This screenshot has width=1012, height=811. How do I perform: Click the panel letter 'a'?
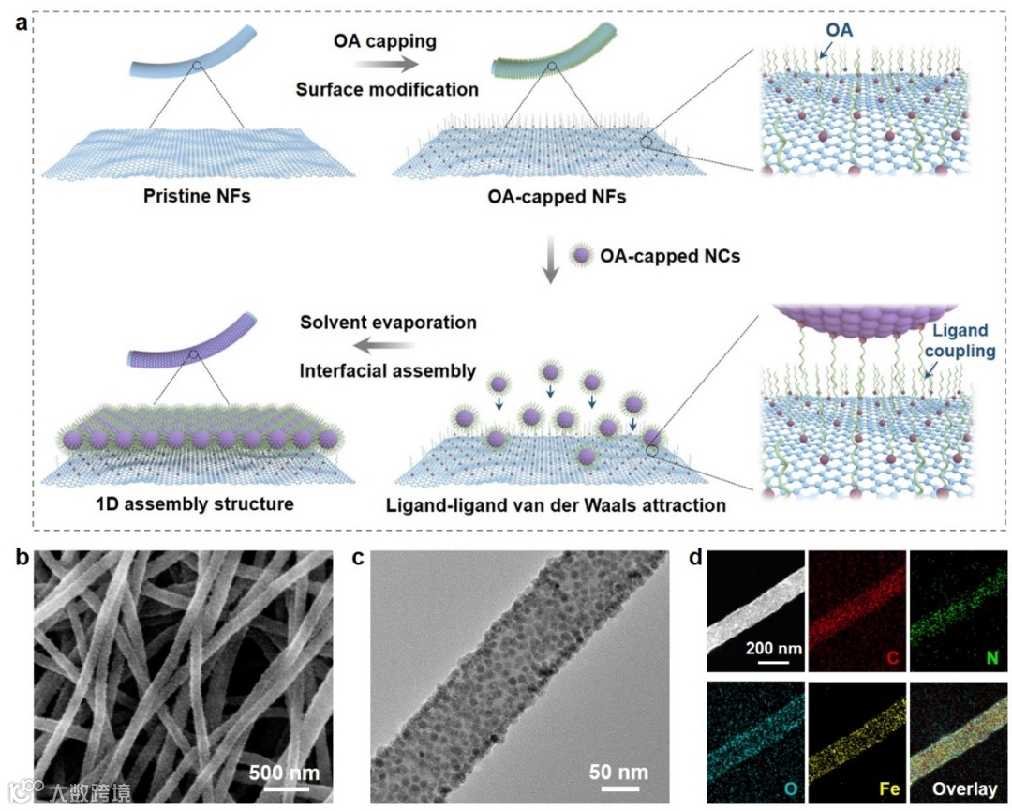click(21, 23)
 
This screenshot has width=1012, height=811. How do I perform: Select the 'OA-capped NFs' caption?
click(548, 197)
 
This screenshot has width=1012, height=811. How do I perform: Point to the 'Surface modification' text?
click(387, 90)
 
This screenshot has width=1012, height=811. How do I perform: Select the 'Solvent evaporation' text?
click(388, 323)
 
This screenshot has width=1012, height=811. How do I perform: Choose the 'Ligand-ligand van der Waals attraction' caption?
click(556, 506)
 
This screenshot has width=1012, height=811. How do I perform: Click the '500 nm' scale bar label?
click(284, 773)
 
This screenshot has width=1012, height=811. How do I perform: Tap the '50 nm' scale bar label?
click(618, 773)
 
